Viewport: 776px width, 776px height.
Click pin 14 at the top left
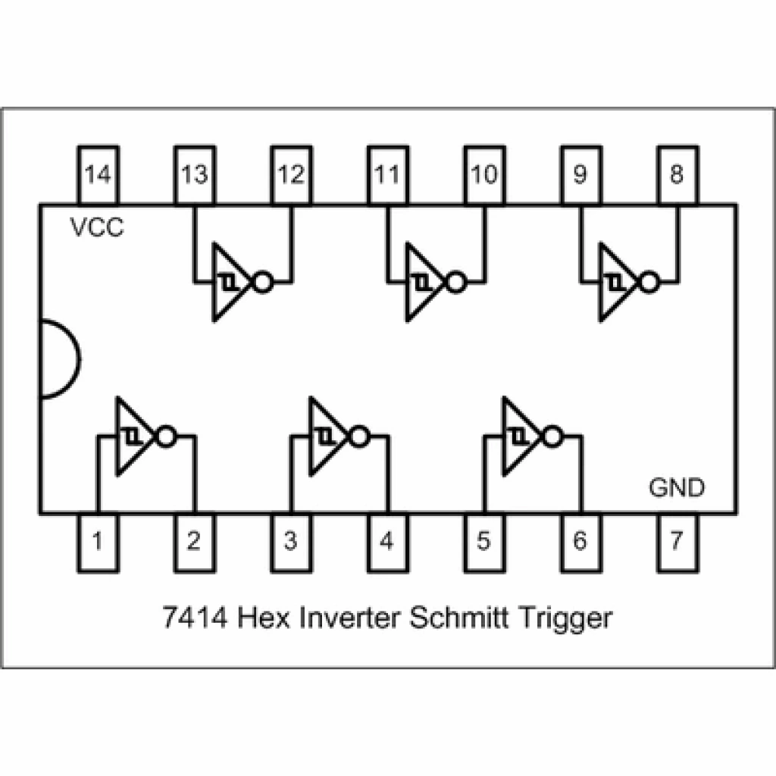click(x=98, y=175)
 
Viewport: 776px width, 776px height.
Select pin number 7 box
click(x=677, y=541)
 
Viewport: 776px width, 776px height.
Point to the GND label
click(x=677, y=487)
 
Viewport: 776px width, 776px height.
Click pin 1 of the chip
click(x=98, y=541)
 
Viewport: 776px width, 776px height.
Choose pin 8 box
click(x=677, y=175)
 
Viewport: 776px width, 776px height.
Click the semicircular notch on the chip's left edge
click(x=59, y=358)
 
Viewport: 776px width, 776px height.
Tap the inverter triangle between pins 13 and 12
click(x=229, y=283)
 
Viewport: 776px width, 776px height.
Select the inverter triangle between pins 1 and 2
click(x=133, y=436)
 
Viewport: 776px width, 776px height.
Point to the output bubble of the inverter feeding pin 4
click(x=359, y=436)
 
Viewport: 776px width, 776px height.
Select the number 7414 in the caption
click(x=196, y=618)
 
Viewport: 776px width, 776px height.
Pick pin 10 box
click(x=483, y=175)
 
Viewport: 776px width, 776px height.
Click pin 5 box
click(x=483, y=541)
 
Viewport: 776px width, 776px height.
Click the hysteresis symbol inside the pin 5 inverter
click(x=518, y=437)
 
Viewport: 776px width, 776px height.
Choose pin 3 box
click(x=291, y=541)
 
